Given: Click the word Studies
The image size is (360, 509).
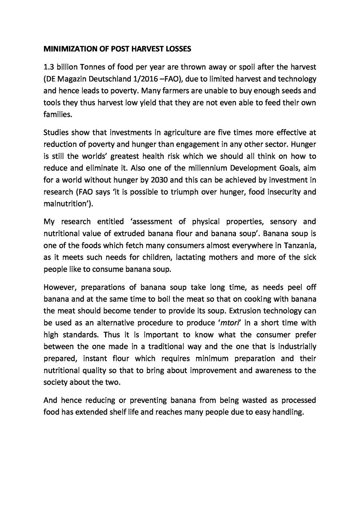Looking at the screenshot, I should point(56,133).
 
